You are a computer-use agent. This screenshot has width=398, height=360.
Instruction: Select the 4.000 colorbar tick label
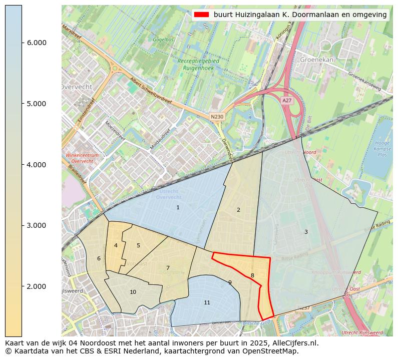37,165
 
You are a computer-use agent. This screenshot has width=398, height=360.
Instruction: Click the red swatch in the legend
202,15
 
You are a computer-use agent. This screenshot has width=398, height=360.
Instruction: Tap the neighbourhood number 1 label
178,207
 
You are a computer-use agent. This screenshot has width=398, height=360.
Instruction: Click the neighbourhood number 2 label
238,210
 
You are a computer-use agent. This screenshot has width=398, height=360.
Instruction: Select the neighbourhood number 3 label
306,232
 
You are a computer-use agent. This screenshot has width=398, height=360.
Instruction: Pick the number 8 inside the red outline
252,275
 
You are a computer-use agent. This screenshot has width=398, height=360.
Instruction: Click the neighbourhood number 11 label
207,302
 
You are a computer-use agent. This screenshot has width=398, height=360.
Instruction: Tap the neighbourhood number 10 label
133,292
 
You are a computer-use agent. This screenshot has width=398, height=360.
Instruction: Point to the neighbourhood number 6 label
99,258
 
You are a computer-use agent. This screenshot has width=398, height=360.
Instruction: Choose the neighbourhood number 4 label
116,245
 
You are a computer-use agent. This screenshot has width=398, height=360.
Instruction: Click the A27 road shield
286,101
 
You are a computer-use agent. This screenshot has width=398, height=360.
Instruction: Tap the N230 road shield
217,117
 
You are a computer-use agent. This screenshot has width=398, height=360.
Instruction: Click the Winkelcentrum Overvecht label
82,158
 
